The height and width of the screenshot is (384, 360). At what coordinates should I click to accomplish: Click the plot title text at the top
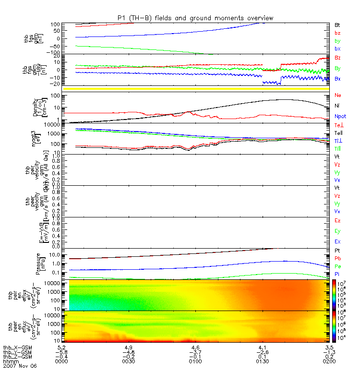pyautogui.click(x=195, y=18)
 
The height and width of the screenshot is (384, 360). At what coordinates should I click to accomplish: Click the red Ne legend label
pyautogui.click(x=337, y=95)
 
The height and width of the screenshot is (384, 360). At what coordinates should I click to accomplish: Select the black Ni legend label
pyautogui.click(x=337, y=105)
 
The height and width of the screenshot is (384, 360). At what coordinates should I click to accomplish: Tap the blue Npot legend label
pyautogui.click(x=340, y=116)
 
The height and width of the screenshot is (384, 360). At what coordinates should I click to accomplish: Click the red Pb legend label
pyautogui.click(x=337, y=258)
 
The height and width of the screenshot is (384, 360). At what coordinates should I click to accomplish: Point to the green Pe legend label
pyautogui.click(x=337, y=266)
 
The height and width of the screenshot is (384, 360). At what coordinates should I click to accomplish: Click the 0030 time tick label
pyautogui.click(x=128, y=361)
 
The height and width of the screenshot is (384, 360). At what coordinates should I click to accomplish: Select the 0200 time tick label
pyautogui.click(x=329, y=361)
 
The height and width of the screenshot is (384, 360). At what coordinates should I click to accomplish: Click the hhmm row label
pyautogui.click(x=10, y=361)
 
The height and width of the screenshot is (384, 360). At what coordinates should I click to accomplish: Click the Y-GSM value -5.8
pyautogui.click(x=60, y=352)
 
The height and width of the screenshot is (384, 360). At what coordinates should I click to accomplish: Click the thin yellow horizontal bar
pyautogui.click(x=196, y=89)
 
